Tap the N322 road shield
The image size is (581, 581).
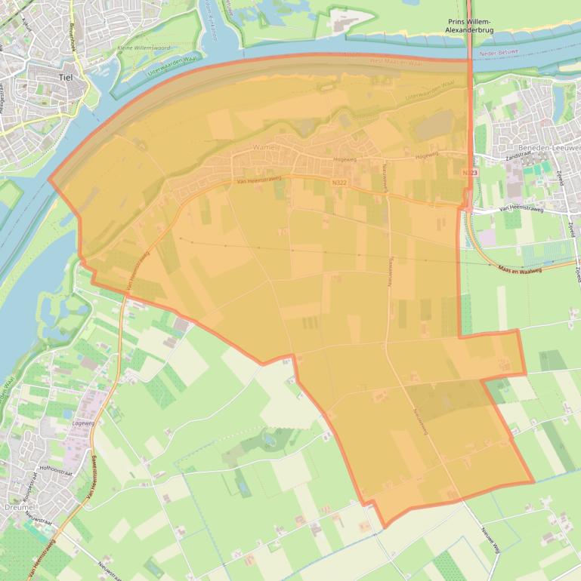tap(339, 183)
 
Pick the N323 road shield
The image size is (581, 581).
tap(470, 174)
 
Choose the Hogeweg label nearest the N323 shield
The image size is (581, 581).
tap(427, 155)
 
